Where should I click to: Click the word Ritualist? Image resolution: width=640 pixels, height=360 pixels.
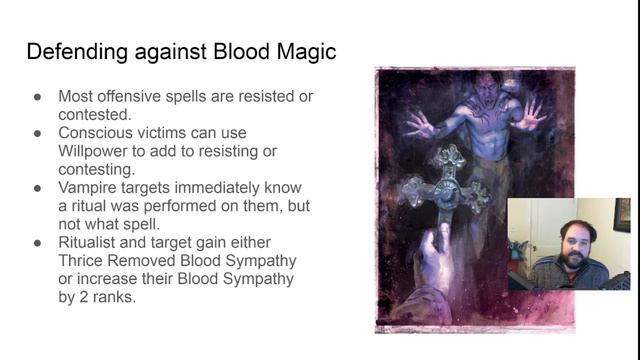(x=92, y=242)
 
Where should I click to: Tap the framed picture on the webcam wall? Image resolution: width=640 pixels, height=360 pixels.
(x=622, y=214)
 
